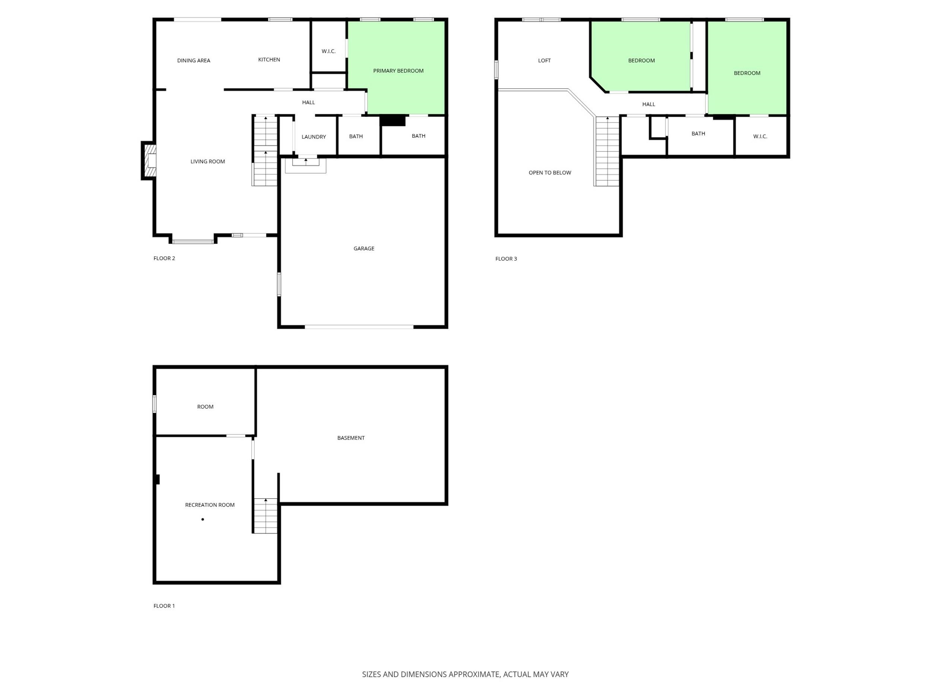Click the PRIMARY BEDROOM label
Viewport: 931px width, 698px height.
(x=398, y=71)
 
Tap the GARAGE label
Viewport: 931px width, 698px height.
(x=363, y=248)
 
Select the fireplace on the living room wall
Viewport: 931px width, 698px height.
(x=149, y=161)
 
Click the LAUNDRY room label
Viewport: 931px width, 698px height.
(x=314, y=137)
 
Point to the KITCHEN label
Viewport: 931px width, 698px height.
(x=269, y=60)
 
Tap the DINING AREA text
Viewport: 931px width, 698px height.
(x=194, y=61)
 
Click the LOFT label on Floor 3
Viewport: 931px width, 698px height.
(x=544, y=61)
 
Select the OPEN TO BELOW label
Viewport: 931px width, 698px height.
(x=550, y=172)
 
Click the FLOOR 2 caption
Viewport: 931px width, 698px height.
(x=164, y=258)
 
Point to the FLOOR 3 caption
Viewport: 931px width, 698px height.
(x=506, y=259)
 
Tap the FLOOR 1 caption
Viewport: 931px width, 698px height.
(x=164, y=606)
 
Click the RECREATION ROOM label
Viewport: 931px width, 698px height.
(x=210, y=505)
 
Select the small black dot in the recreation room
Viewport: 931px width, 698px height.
(x=203, y=519)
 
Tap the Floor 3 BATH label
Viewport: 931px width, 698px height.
(x=698, y=134)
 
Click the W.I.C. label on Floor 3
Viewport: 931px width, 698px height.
(x=760, y=137)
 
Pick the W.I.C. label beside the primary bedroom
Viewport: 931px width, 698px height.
(x=328, y=51)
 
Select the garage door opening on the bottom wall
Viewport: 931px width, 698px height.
(x=359, y=326)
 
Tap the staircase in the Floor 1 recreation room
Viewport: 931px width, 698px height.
(x=265, y=516)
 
